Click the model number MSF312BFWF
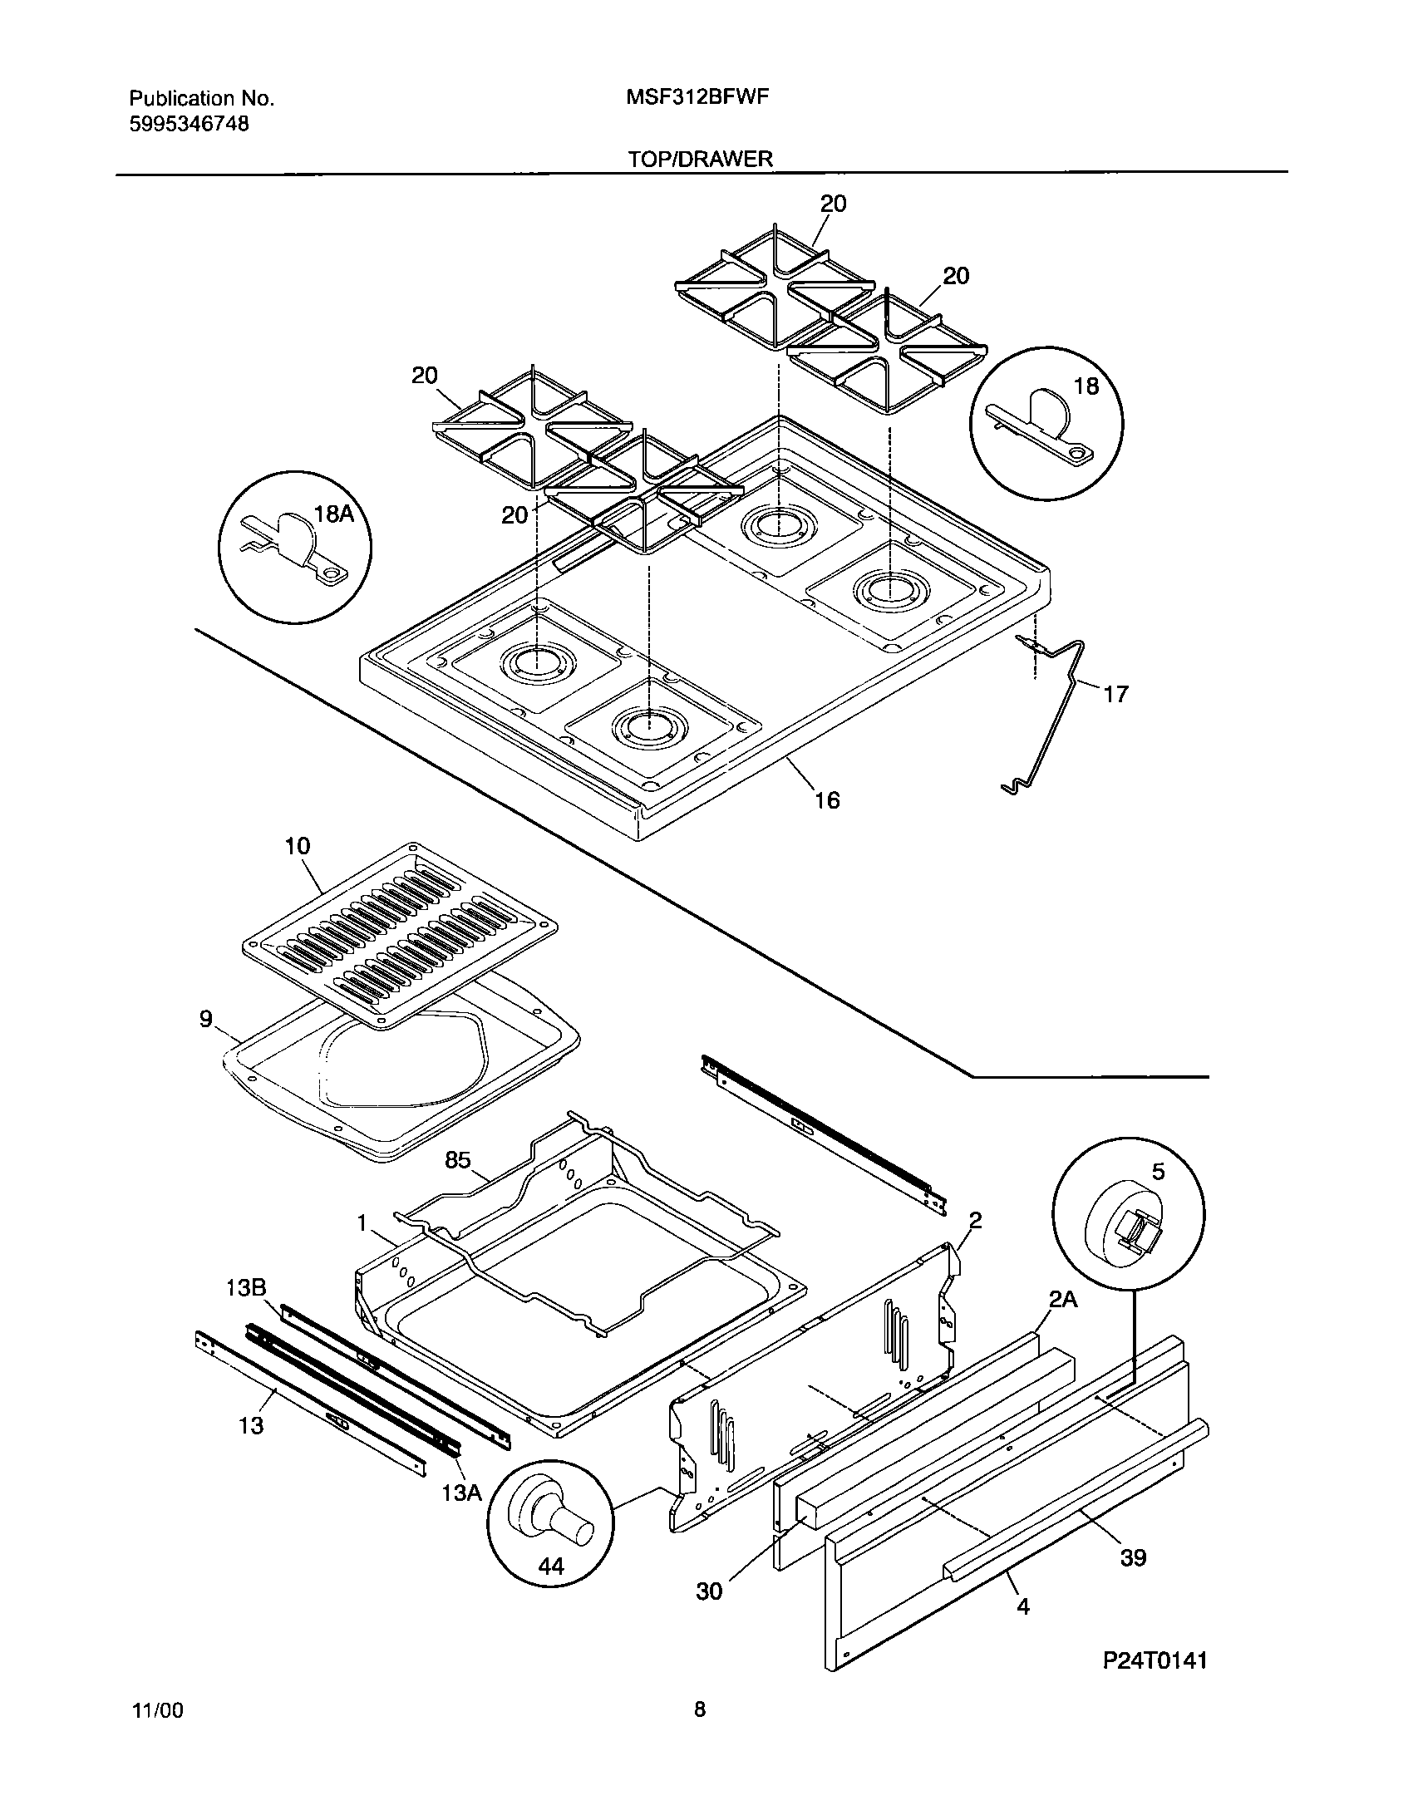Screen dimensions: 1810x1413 697,97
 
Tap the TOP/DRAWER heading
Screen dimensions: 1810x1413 701,159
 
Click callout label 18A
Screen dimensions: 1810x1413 334,514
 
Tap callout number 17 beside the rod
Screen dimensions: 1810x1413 1115,693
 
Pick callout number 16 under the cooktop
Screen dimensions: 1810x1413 827,799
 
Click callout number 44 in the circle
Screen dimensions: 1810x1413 551,1567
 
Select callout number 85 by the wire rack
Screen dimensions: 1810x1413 458,1160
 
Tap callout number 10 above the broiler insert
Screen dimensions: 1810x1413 297,846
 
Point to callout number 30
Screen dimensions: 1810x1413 708,1591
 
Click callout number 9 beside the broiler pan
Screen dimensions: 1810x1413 206,1019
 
